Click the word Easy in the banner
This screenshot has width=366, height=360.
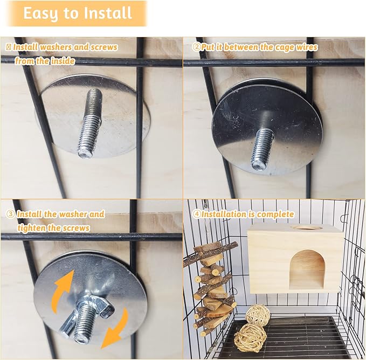(40, 13)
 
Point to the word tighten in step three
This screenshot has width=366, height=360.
(31, 227)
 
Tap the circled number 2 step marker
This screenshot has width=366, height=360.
(197, 47)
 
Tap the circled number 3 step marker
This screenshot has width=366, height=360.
(10, 214)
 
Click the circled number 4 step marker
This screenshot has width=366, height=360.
(196, 214)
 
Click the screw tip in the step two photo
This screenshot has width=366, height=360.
(259, 162)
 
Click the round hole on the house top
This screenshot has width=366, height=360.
(306, 227)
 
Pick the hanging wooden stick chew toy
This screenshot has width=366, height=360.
(211, 288)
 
